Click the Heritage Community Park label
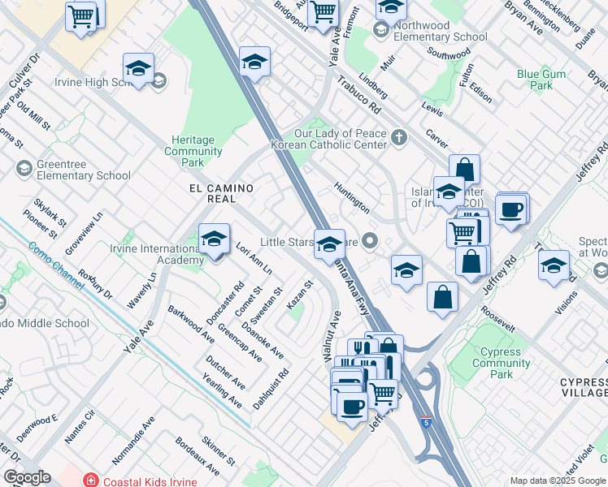click(193, 151)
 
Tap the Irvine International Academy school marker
click(214, 239)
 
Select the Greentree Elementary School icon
click(24, 169)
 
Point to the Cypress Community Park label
click(502, 363)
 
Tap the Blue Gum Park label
click(541, 80)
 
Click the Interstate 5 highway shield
click(426, 423)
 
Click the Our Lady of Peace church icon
click(397, 137)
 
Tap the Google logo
click(27, 477)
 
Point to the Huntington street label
click(352, 197)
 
